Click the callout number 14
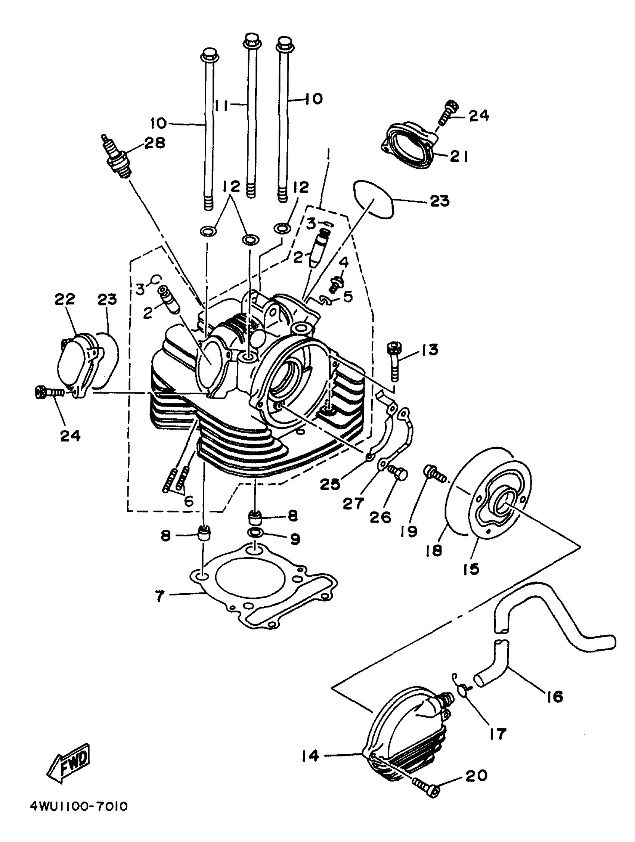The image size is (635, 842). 310,756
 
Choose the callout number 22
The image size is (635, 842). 64,299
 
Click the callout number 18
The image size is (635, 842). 434,550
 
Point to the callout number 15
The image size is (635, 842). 471,569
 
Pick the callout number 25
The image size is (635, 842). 330,484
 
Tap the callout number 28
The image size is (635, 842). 154,143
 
